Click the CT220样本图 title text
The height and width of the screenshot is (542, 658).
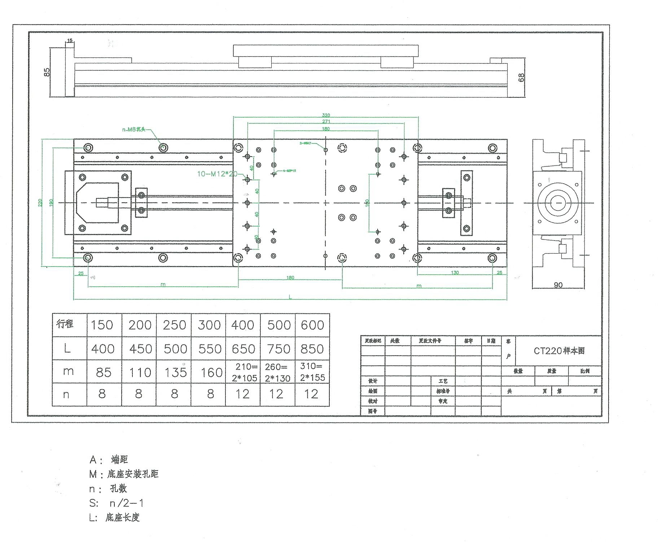(x=559, y=351)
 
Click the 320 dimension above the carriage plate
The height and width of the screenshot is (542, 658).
(x=326, y=115)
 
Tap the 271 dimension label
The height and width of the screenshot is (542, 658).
(x=326, y=122)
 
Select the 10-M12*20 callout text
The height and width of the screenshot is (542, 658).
(x=217, y=174)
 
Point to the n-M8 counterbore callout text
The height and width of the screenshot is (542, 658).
(x=134, y=129)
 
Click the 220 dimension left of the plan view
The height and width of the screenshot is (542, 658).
(x=40, y=203)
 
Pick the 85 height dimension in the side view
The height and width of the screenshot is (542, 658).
(x=47, y=72)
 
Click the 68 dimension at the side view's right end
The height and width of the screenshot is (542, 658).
(x=521, y=77)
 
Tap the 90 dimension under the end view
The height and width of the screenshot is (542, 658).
(x=558, y=285)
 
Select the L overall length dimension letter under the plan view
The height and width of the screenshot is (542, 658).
(x=290, y=297)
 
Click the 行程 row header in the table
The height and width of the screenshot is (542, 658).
(x=65, y=324)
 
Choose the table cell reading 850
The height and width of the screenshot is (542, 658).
(x=312, y=349)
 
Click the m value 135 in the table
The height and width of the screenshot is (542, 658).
(x=175, y=373)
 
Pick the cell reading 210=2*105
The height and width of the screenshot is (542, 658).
(x=244, y=373)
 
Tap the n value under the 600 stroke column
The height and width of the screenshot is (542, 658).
(x=311, y=394)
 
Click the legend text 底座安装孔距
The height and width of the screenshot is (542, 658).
(x=133, y=474)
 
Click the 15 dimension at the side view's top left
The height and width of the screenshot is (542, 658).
(x=70, y=41)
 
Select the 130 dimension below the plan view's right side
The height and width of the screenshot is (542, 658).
(x=455, y=273)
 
